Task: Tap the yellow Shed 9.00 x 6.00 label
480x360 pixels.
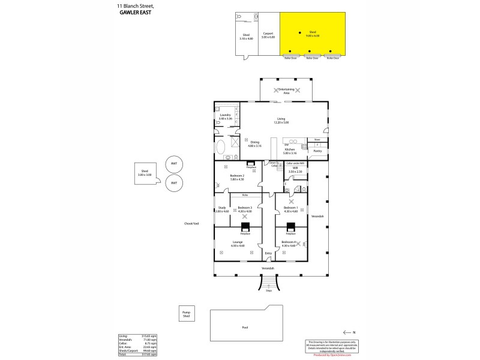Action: coord(313,34)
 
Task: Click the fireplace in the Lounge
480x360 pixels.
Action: coord(245,227)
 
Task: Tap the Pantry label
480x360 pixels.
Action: coord(317,151)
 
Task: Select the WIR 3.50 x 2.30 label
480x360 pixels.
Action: coord(295,170)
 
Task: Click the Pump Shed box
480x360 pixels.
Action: coord(185,314)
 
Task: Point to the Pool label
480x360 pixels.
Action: coord(244,328)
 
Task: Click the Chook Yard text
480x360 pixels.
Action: coord(191,224)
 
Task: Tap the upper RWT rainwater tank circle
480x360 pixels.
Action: coord(173,164)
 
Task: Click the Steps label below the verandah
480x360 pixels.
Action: coord(269,290)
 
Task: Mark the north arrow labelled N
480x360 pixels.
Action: coord(349,332)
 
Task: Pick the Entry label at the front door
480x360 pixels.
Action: coord(268,254)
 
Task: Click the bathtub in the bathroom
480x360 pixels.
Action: coord(221,148)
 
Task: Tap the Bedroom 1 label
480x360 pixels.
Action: coord(290,209)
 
